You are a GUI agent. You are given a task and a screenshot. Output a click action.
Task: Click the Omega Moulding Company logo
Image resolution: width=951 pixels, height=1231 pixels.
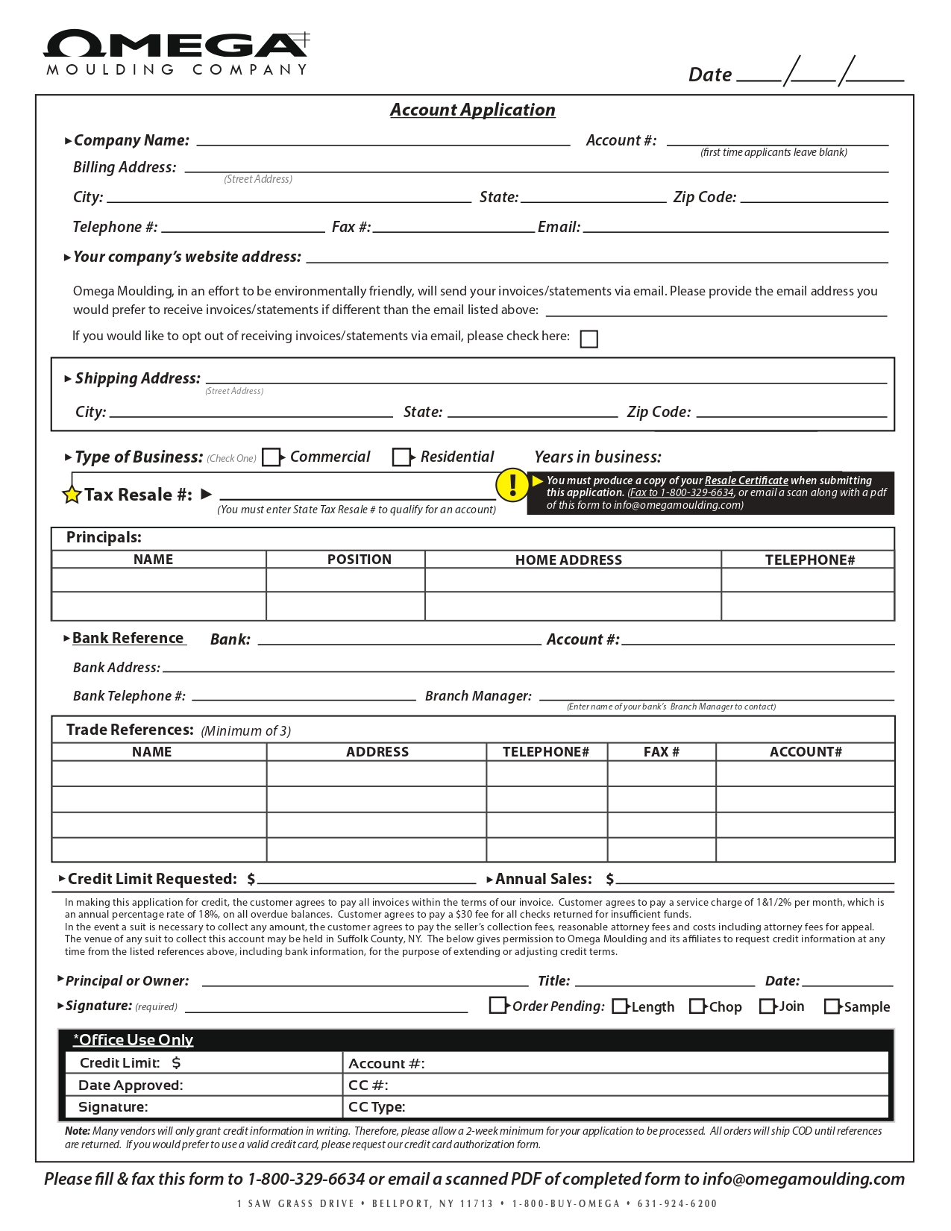tap(177, 52)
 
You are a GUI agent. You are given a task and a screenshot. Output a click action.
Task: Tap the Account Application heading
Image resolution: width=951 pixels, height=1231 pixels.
tap(472, 110)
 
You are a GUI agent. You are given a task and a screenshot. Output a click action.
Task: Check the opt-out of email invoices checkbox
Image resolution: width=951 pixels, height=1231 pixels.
tap(589, 339)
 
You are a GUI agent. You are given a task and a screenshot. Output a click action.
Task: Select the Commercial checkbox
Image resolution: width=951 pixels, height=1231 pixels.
tap(272, 457)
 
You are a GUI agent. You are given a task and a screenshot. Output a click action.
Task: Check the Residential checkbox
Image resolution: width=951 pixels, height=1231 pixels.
tap(401, 457)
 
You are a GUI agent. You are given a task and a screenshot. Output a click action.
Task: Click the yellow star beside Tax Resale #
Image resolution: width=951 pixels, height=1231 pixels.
tap(72, 495)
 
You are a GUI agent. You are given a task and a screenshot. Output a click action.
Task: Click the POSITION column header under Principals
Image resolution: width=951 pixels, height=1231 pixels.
tap(359, 560)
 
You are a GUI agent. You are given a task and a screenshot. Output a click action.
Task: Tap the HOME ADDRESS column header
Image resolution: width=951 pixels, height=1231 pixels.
tap(568, 560)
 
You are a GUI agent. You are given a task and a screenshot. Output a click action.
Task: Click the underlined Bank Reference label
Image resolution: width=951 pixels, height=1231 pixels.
tap(128, 638)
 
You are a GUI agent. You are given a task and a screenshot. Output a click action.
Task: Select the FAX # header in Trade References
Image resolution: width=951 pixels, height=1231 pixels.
tap(661, 752)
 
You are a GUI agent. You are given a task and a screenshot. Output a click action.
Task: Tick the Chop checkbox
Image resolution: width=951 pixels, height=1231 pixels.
tap(697, 1006)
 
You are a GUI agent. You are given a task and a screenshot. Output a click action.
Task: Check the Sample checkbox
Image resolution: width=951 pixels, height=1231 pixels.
tap(832, 1006)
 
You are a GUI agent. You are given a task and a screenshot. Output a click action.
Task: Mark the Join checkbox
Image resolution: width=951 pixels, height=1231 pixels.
tap(767, 1006)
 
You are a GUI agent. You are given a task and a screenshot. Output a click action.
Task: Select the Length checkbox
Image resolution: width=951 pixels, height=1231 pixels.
tap(619, 1006)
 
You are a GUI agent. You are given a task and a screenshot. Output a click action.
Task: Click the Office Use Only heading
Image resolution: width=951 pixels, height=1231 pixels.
tap(134, 1040)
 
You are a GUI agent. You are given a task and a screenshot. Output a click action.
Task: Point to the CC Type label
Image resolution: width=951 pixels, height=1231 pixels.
tap(377, 1106)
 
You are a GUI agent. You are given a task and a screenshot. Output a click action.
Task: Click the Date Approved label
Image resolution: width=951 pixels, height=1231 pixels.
tap(131, 1085)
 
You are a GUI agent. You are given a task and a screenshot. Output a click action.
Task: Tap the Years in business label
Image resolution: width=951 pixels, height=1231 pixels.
tap(597, 457)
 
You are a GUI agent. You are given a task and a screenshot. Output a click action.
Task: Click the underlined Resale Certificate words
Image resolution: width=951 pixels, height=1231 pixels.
tap(746, 480)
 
